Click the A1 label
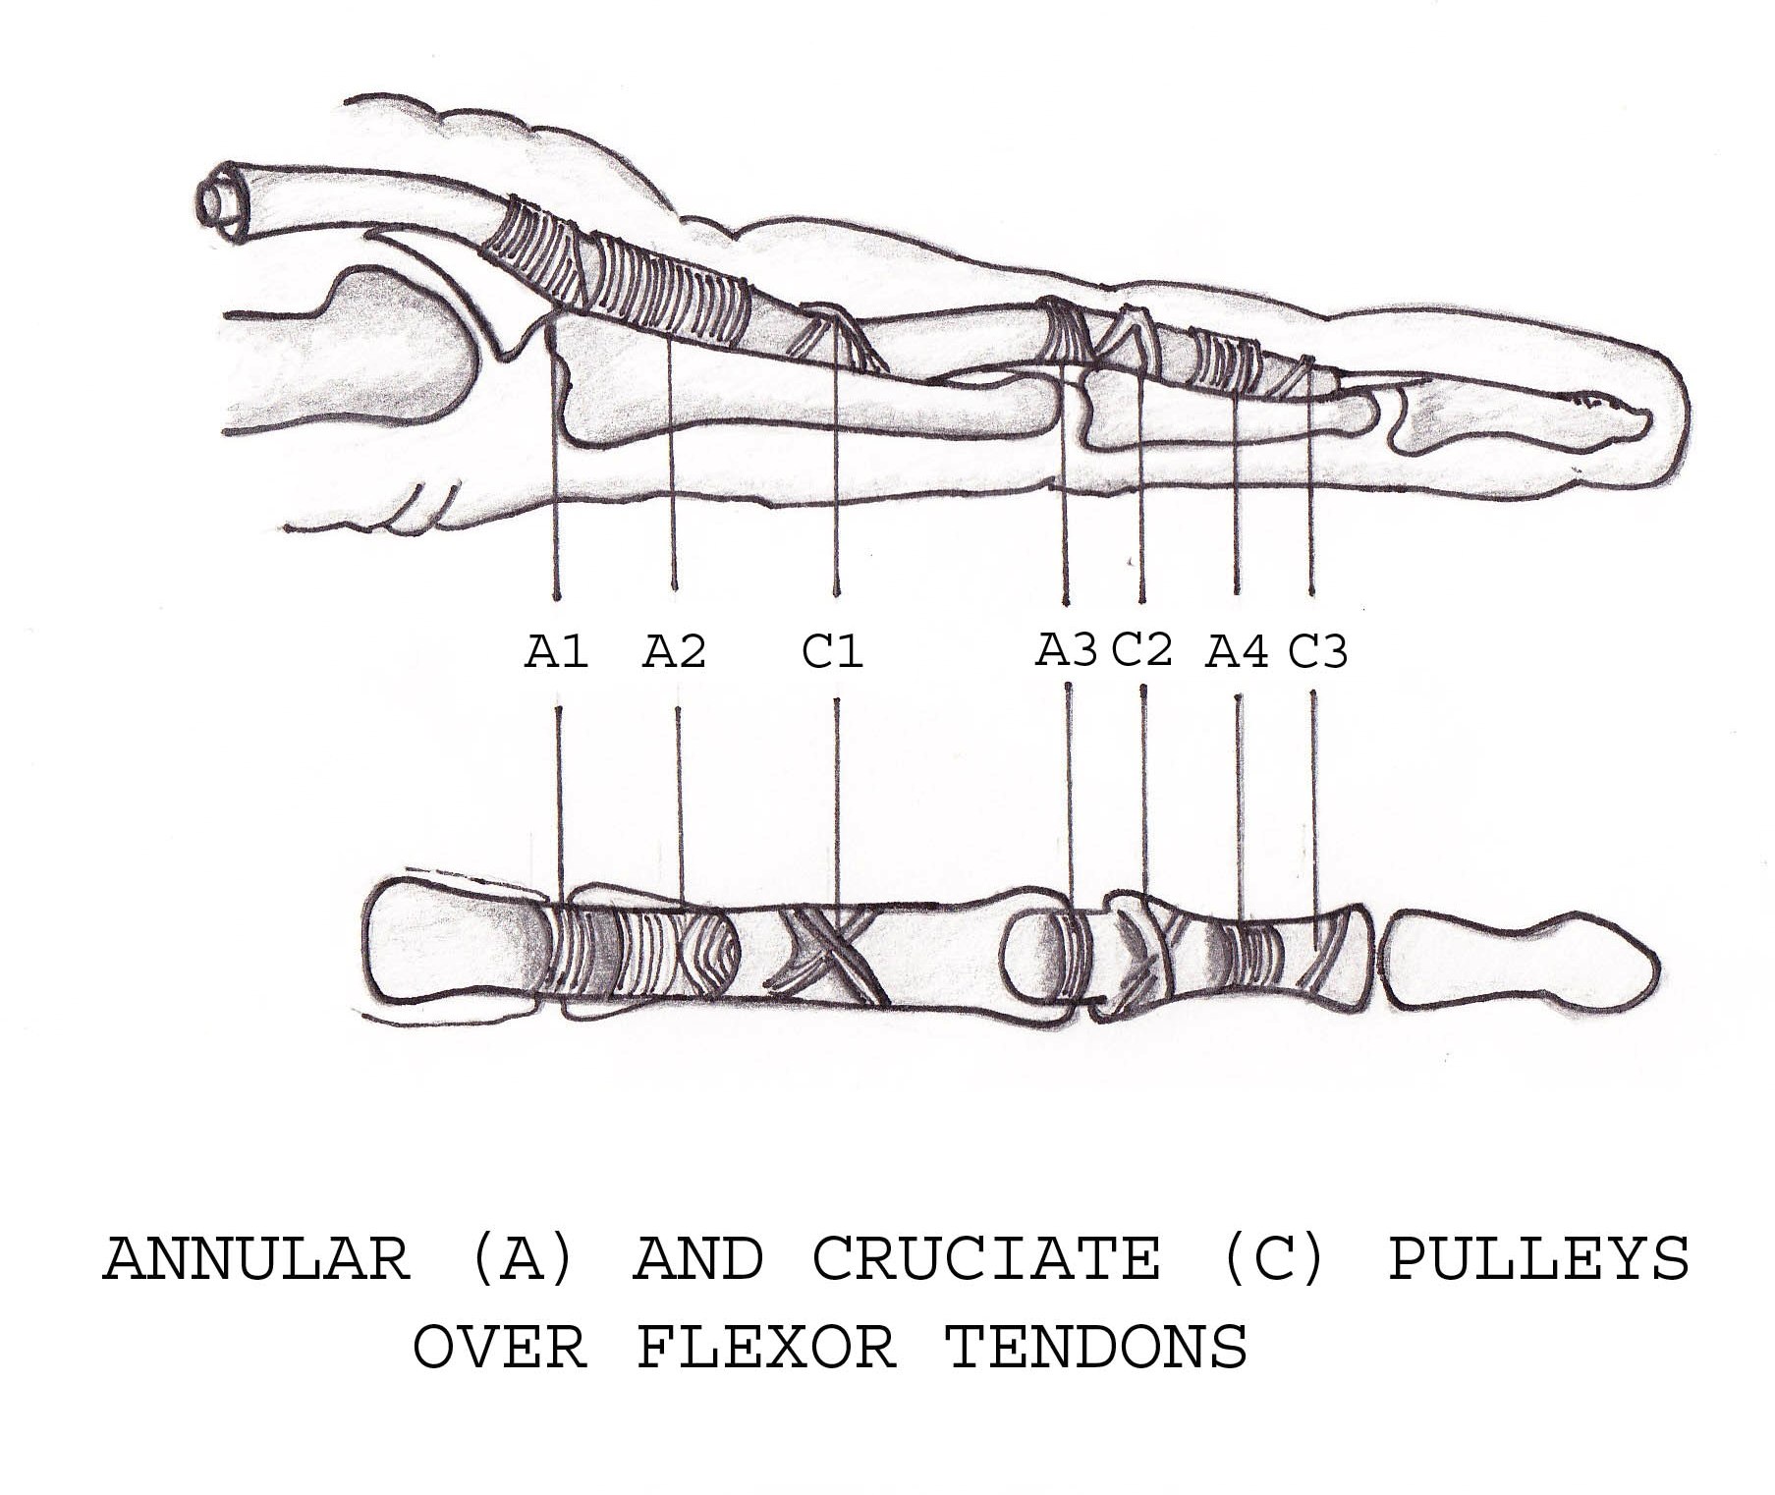(556, 652)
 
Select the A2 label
(674, 652)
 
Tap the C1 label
(833, 652)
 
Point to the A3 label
(1066, 650)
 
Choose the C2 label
(1142, 649)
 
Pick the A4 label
(1237, 652)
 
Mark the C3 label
(1317, 651)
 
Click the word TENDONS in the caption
(1096, 1348)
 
